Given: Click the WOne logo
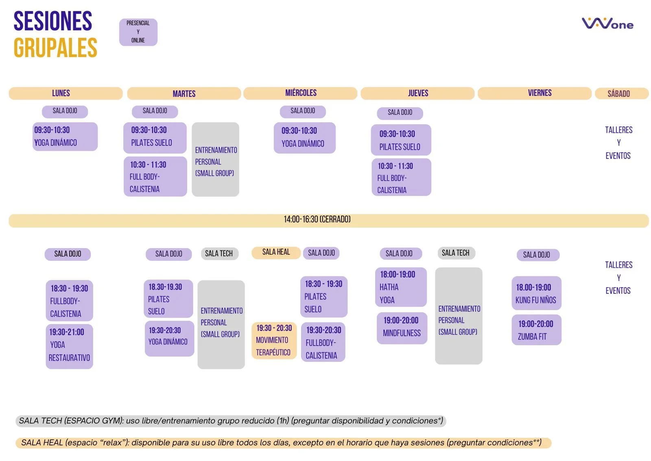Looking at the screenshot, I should tap(607, 24).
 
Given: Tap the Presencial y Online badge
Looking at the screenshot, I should tap(138, 32).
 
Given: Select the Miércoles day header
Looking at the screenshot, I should tap(300, 93).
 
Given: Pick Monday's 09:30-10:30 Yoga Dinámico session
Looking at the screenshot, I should tap(65, 137).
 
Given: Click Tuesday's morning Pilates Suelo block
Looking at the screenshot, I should tap(155, 137).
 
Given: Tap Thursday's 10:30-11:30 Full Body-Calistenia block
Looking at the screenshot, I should tap(401, 177).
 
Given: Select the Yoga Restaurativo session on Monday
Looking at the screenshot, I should tap(69, 346).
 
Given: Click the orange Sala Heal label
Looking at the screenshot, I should tap(276, 252).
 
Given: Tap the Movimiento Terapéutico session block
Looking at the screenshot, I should tap(274, 340).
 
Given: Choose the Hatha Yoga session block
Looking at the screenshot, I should tap(400, 287).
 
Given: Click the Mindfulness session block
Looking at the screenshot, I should tap(402, 328).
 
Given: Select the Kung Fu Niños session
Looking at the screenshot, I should tap(536, 293).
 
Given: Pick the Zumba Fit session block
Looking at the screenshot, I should tap(536, 330).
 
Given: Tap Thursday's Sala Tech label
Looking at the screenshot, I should tap(456, 253).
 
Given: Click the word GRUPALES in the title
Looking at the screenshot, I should tap(56, 48).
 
